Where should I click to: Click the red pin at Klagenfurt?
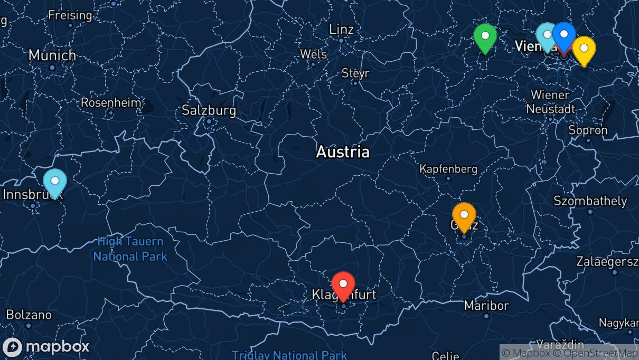point(343,285)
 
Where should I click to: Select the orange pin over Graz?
point(464,215)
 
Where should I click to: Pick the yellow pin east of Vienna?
point(584,49)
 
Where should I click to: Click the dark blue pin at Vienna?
point(564,35)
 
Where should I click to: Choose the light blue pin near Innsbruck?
point(54,181)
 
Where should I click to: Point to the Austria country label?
point(343,152)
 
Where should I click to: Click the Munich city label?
point(52,55)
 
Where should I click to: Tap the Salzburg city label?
point(209,111)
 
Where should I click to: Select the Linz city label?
point(341,29)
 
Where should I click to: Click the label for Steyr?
point(355,73)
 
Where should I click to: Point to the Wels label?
point(313,54)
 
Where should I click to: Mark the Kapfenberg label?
point(448,169)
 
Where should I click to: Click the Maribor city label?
point(486,306)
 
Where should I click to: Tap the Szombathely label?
point(590,201)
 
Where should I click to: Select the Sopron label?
point(588,130)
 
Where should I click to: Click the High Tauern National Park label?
point(130,249)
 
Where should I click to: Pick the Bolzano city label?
point(29,315)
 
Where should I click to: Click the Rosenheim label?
point(111,102)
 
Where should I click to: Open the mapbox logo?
point(46,347)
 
